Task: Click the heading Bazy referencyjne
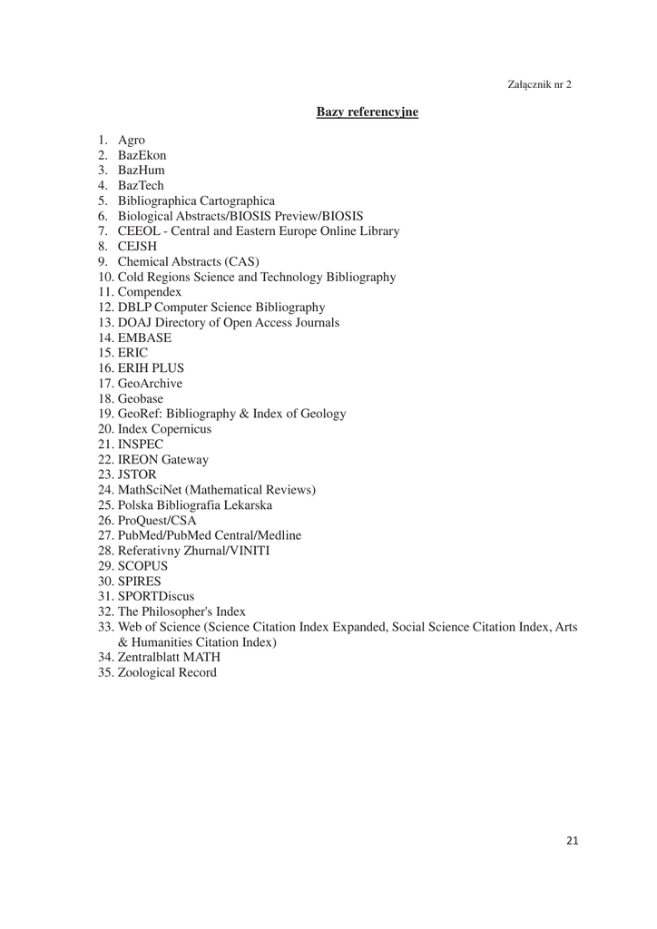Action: (x=367, y=112)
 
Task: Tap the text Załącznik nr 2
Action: (x=539, y=84)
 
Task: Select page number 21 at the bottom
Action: (x=572, y=840)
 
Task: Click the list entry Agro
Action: (x=131, y=140)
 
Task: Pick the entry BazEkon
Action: (x=142, y=155)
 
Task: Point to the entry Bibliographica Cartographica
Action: (x=196, y=200)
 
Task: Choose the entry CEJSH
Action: (x=137, y=246)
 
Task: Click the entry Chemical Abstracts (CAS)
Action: (x=188, y=261)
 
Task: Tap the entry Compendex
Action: (x=149, y=292)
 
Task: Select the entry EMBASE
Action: (x=144, y=337)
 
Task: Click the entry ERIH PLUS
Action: (x=151, y=368)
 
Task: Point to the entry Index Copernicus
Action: (x=164, y=429)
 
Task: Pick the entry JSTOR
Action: (x=137, y=474)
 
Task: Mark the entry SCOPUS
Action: (x=142, y=566)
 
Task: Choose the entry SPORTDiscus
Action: (x=155, y=596)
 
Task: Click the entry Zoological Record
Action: (x=167, y=672)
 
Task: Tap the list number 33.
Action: (x=106, y=627)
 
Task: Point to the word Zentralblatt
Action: (x=150, y=657)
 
